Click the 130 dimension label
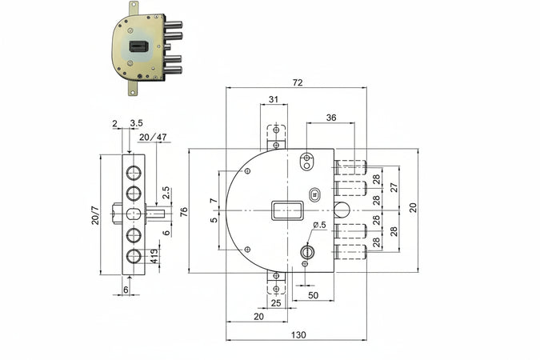point(298,334)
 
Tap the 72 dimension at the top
point(298,82)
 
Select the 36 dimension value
point(331,118)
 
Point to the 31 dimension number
point(274,99)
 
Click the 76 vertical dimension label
point(184,211)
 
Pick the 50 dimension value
point(313,295)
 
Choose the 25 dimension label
point(276,303)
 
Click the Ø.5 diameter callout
point(319,225)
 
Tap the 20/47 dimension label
point(153,137)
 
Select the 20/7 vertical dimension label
point(95,215)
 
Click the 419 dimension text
point(154,256)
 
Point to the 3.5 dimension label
point(136,123)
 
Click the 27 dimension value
point(394,187)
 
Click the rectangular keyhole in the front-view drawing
point(287,210)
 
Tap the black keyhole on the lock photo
point(138,46)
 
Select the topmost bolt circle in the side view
point(134,173)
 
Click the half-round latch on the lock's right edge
point(342,210)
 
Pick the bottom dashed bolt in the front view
point(350,253)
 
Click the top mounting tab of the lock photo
point(134,8)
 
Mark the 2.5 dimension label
point(166,193)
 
